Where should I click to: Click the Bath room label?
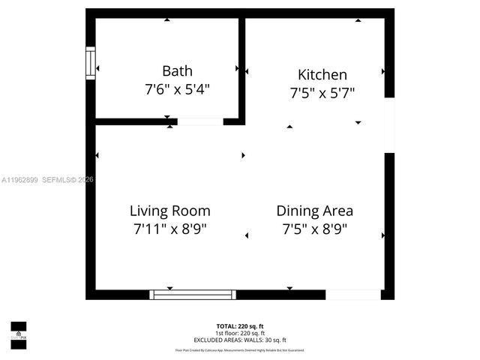pyautogui.click(x=177, y=71)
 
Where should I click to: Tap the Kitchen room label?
pyautogui.click(x=322, y=74)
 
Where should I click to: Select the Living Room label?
pyautogui.click(x=169, y=211)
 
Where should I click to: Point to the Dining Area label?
pyautogui.click(x=314, y=211)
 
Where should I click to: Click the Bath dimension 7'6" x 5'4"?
pyautogui.click(x=177, y=89)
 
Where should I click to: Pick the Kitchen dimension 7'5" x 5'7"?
pyautogui.click(x=322, y=93)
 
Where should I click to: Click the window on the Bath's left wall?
pyautogui.click(x=91, y=63)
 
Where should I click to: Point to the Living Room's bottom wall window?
pyautogui.click(x=193, y=294)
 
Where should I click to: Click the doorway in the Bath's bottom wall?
pyautogui.click(x=199, y=121)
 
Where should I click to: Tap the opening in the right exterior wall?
pyautogui.click(x=389, y=124)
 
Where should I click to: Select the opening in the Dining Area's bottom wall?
pyautogui.click(x=353, y=294)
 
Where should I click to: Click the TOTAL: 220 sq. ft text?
pyautogui.click(x=240, y=325)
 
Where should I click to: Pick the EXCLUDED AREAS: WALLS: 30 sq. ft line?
pyautogui.click(x=240, y=340)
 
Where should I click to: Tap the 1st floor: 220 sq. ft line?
pyautogui.click(x=240, y=332)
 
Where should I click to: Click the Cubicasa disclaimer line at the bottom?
pyautogui.click(x=240, y=349)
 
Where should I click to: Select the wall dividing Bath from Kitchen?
pyautogui.click(x=241, y=67)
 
